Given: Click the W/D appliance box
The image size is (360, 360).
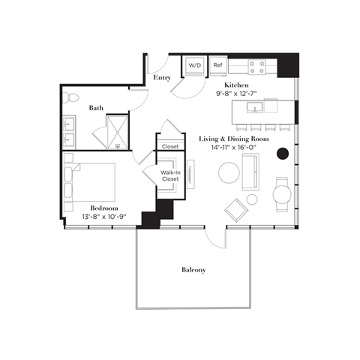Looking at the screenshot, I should click(195, 66).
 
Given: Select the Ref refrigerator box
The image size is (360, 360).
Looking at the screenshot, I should click(218, 66).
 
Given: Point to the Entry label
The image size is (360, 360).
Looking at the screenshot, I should click(161, 77).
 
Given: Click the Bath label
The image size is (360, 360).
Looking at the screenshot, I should click(96, 108).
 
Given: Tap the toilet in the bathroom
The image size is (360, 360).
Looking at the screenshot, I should click(72, 98).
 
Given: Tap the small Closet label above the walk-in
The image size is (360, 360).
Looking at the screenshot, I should click(170, 146).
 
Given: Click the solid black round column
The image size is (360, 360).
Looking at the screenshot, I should click(283, 154).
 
